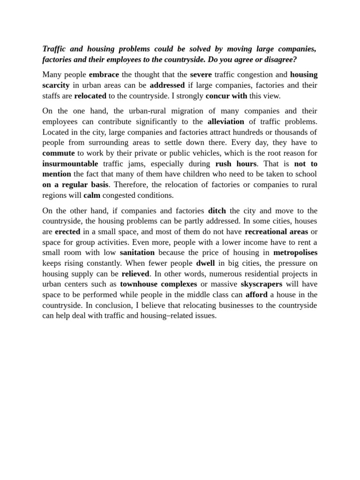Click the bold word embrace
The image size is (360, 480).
[104, 75]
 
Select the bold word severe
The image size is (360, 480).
[201, 75]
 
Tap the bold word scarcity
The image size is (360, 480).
[56, 85]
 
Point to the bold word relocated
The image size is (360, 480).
[90, 96]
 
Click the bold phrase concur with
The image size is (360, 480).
[226, 96]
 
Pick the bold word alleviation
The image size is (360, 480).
[226, 121]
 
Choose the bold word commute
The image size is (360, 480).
[59, 153]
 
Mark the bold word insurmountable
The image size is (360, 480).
[70, 164]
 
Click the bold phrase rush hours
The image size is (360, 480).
[236, 164]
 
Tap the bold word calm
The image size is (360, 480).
[92, 195]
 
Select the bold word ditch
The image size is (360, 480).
[217, 210]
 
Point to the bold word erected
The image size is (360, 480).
[67, 232]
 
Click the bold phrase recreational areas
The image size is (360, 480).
[277, 232]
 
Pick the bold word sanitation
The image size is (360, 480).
[137, 253]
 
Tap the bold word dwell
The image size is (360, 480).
[205, 263]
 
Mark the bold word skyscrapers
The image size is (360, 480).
[262, 284]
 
